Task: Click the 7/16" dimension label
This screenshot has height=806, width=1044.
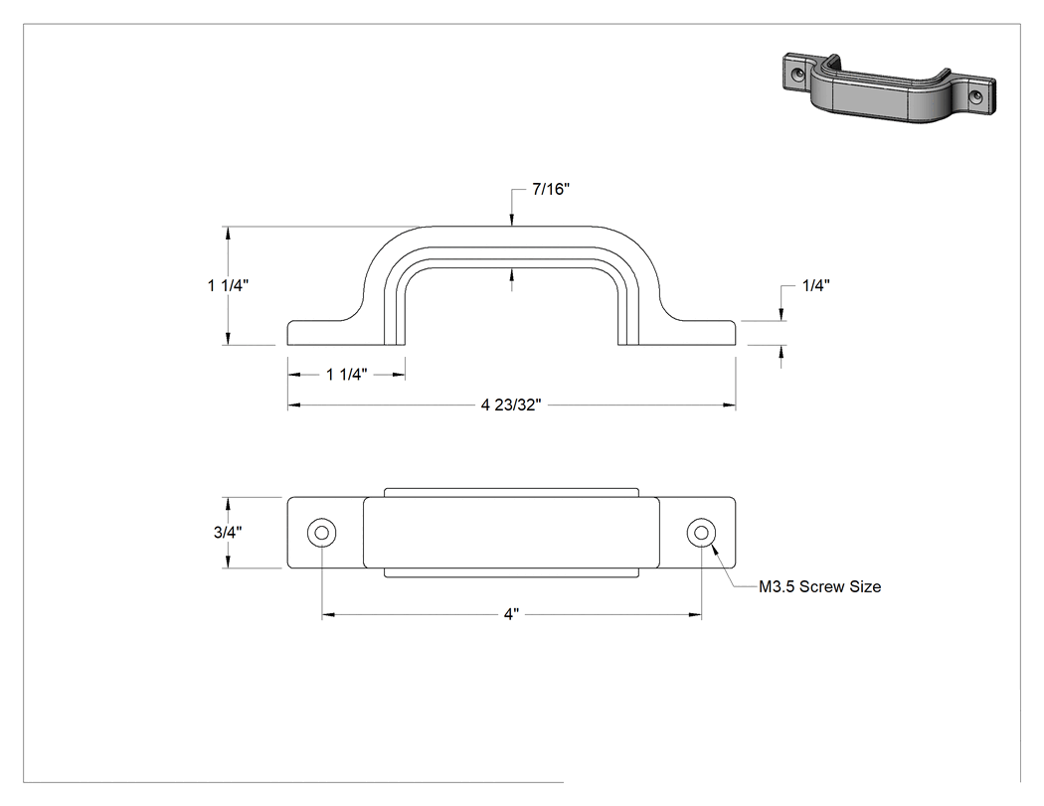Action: pyautogui.click(x=551, y=190)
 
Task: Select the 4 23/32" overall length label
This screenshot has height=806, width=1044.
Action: pyautogui.click(x=511, y=405)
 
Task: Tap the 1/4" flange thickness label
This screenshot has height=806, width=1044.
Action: pyautogui.click(x=815, y=286)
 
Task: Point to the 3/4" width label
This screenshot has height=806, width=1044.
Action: pyautogui.click(x=228, y=533)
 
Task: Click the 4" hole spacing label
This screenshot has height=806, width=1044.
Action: pyautogui.click(x=511, y=614)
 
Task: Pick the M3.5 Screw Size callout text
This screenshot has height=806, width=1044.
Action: pyautogui.click(x=819, y=587)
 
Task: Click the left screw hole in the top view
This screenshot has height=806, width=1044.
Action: pyautogui.click(x=321, y=533)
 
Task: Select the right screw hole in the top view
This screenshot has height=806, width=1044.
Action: pyautogui.click(x=701, y=533)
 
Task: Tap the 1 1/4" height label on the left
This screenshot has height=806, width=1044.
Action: pyautogui.click(x=228, y=285)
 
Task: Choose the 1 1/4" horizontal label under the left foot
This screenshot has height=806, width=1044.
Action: pyautogui.click(x=346, y=375)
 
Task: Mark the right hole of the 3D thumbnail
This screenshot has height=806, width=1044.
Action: pyautogui.click(x=976, y=97)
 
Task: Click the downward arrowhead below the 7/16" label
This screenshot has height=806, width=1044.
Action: pyautogui.click(x=511, y=221)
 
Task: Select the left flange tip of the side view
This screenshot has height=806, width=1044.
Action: pyautogui.click(x=287, y=334)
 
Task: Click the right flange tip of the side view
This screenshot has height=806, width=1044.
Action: pyautogui.click(x=736, y=334)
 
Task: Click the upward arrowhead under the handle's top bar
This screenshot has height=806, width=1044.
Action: pyautogui.click(x=511, y=274)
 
